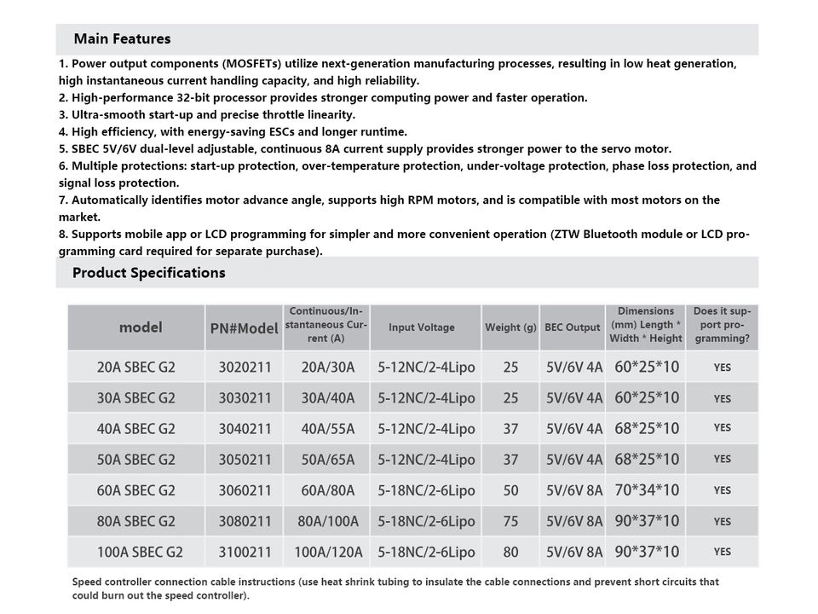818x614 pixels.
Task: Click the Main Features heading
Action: (x=122, y=39)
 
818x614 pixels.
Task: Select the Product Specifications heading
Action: (x=149, y=273)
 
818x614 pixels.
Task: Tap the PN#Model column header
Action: (x=245, y=328)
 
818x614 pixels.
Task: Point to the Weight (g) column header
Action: (x=510, y=327)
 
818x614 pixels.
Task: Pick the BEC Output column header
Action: (x=573, y=327)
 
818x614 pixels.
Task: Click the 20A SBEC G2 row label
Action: (x=136, y=368)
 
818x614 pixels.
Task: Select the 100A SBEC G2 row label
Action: (x=136, y=552)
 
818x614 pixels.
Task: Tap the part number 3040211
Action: (x=245, y=429)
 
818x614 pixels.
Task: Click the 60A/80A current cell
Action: (x=327, y=490)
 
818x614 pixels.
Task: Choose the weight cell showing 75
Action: (x=510, y=521)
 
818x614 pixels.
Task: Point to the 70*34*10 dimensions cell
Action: (x=647, y=490)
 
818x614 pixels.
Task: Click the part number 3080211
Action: (x=245, y=521)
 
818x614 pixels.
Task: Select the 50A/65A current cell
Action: (x=327, y=460)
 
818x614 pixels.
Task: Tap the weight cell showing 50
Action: (x=510, y=490)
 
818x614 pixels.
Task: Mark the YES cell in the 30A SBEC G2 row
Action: (x=723, y=398)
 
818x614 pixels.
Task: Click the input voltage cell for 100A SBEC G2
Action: (x=426, y=552)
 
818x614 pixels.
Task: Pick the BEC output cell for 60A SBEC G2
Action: (x=573, y=490)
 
